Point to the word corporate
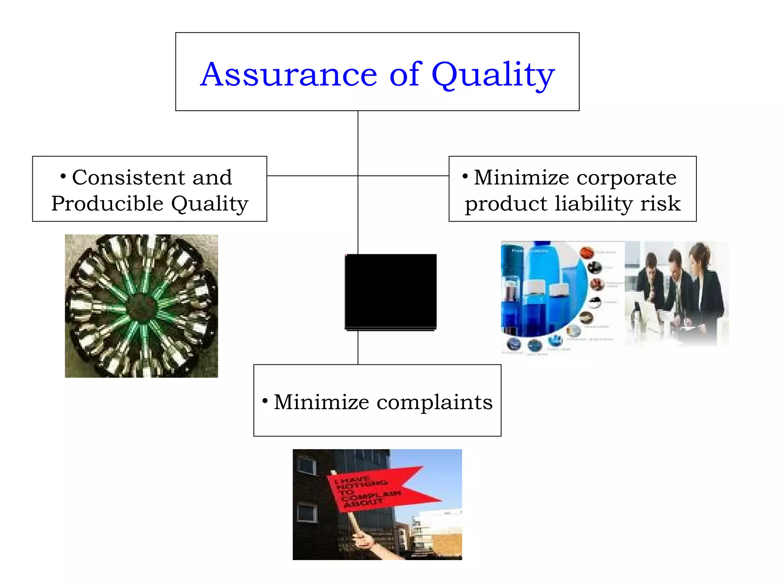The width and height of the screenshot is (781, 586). pyautogui.click(x=627, y=177)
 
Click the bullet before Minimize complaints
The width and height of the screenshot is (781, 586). pyautogui.click(x=265, y=401)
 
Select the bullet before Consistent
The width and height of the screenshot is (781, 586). pyautogui.click(x=63, y=176)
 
